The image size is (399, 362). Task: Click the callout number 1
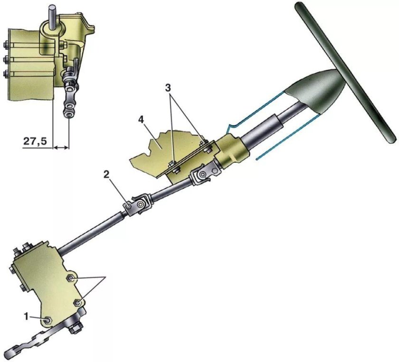(x=26, y=317)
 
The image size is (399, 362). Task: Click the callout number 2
(x=106, y=174)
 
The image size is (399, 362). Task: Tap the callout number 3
(x=168, y=88)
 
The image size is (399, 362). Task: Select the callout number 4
(x=142, y=120)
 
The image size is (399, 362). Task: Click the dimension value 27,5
(x=36, y=141)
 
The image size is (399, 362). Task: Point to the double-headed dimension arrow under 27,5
(x=61, y=147)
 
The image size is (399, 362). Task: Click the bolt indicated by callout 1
(x=47, y=321)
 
